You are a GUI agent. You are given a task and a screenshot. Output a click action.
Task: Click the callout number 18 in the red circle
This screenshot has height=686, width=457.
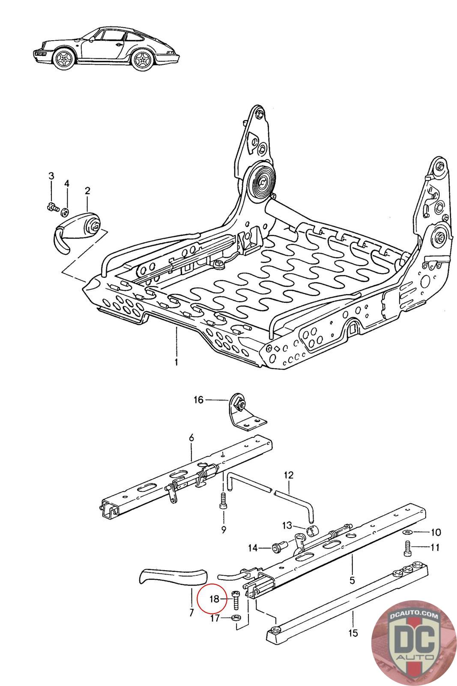(x=215, y=599)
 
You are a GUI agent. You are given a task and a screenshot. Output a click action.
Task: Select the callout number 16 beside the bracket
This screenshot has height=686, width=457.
(x=198, y=400)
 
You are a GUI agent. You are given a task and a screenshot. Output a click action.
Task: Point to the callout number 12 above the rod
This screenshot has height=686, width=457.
(x=289, y=475)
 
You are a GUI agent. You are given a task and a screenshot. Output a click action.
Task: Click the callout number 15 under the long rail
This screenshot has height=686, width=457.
(x=353, y=633)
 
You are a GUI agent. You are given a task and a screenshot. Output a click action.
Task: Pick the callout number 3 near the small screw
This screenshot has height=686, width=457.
(x=51, y=176)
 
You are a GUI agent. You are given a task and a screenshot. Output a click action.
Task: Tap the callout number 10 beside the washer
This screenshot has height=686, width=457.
(x=436, y=533)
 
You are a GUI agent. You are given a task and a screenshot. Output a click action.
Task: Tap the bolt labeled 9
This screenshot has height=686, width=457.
(x=223, y=500)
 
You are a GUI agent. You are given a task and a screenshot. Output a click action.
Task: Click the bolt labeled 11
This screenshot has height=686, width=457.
(x=407, y=547)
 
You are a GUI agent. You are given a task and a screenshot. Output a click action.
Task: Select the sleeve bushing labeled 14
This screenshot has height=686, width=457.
(x=278, y=547)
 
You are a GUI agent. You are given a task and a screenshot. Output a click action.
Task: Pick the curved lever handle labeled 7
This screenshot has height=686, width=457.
(x=171, y=577)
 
